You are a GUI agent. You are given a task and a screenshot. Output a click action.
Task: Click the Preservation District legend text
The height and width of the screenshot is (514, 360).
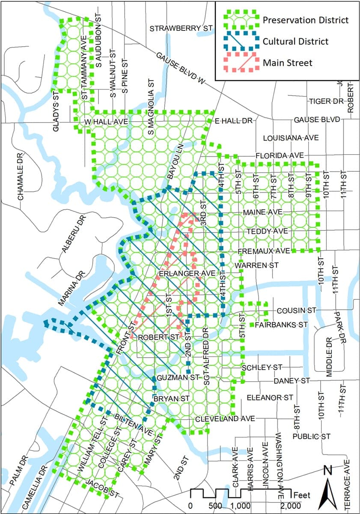click(306, 20)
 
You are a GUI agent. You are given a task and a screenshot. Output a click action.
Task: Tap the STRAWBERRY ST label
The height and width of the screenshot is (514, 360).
click(181, 28)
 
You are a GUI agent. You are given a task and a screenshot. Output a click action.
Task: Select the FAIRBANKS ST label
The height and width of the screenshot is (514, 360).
click(281, 325)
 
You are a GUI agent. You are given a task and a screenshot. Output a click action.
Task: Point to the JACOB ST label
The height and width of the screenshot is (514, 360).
click(102, 489)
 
